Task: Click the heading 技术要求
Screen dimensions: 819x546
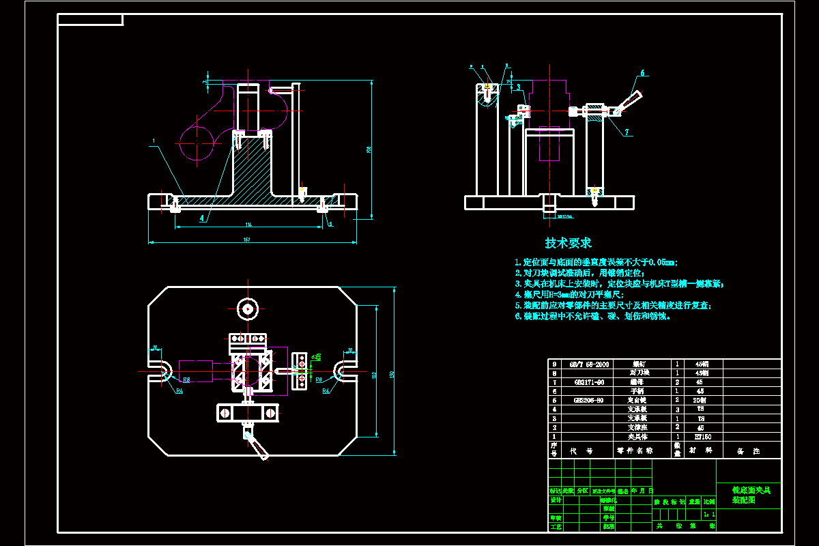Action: click(x=568, y=243)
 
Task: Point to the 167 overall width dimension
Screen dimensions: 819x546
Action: click(x=246, y=239)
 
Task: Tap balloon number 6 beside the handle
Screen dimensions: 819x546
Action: click(x=642, y=72)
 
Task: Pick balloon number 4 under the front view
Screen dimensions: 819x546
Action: click(x=202, y=218)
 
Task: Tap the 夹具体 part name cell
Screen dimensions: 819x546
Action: click(x=635, y=436)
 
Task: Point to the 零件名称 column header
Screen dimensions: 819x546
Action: click(x=635, y=451)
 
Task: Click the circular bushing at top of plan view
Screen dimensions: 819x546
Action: click(x=246, y=309)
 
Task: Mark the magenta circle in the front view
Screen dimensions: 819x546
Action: click(x=197, y=142)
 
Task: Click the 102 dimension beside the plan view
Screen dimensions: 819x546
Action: click(x=375, y=374)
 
